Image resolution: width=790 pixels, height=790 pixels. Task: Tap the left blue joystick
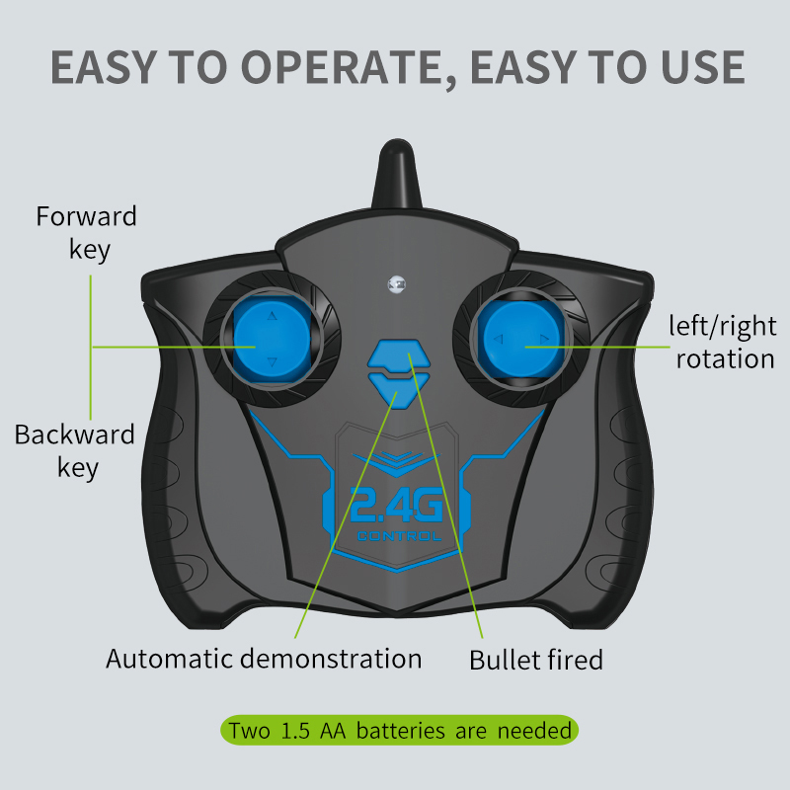[273, 339]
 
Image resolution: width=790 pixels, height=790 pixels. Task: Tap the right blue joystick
[522, 339]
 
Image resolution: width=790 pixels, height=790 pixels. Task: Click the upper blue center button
[399, 355]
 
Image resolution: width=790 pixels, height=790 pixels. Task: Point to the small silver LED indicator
[397, 284]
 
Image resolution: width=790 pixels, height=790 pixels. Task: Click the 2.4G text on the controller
[397, 505]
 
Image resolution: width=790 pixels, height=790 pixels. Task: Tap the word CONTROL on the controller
[399, 536]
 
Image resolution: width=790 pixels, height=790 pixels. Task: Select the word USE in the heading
[698, 67]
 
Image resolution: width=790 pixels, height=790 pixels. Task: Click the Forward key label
[87, 233]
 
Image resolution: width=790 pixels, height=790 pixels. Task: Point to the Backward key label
[75, 451]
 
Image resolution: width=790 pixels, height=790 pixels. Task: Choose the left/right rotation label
[723, 342]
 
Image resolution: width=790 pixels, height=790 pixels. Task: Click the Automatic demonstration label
[264, 658]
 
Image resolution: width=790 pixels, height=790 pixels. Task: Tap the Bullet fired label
[536, 660]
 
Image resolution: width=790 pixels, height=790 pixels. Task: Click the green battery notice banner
[399, 730]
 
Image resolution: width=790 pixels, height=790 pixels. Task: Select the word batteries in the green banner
[401, 731]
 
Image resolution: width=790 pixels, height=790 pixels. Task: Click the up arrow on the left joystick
[273, 316]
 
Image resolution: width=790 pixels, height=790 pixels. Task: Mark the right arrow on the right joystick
[544, 339]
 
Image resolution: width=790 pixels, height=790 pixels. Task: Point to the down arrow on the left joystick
[273, 361]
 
